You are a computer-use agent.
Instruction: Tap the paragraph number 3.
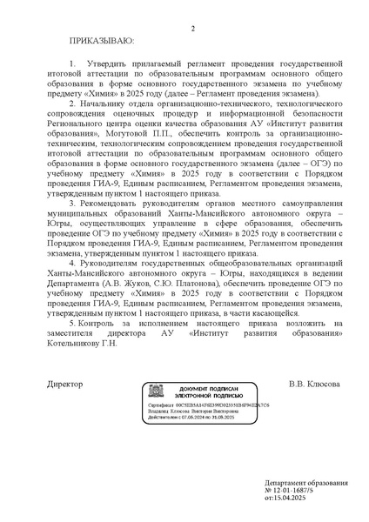pyautogui.click(x=72, y=204)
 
